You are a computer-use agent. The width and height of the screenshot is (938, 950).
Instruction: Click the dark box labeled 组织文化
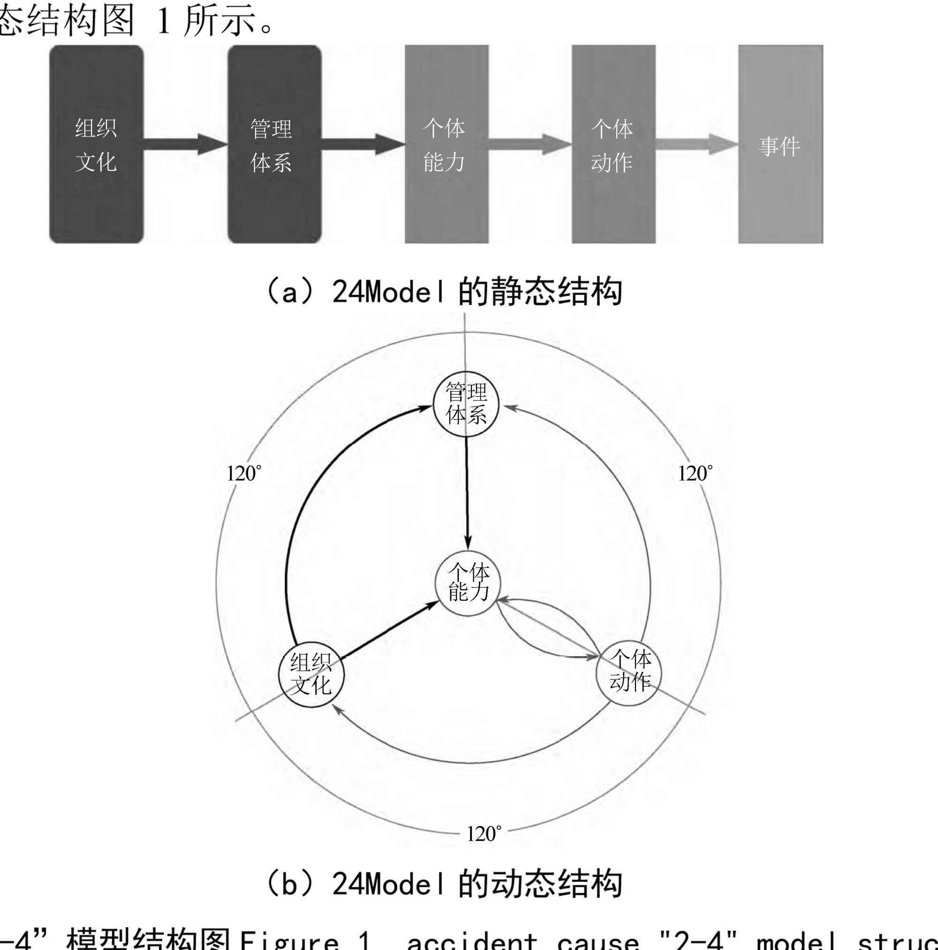coord(97,144)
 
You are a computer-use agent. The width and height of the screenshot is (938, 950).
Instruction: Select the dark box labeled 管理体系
coord(274,144)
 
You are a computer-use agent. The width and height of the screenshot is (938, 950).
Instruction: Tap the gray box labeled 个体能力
coord(446,144)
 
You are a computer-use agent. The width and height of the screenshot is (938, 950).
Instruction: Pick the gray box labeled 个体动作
coord(613,144)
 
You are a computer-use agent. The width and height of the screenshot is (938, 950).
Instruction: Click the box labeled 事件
coord(780,144)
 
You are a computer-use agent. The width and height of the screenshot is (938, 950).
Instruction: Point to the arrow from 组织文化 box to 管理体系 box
coord(185,144)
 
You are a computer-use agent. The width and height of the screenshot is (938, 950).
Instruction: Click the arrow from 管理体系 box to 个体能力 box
coord(363,144)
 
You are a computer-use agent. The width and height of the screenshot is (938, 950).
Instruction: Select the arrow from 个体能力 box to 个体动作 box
coord(530,144)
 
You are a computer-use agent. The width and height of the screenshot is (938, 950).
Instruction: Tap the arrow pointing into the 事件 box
coord(696,144)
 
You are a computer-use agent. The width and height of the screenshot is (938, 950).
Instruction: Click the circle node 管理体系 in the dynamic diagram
coord(466,404)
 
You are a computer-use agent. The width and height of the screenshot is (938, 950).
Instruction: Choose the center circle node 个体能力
coord(468,584)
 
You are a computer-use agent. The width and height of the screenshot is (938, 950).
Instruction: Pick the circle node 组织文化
coord(311,674)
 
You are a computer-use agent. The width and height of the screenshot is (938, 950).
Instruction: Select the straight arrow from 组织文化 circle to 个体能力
coord(389,630)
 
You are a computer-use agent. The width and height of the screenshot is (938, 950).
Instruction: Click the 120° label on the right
coord(695,474)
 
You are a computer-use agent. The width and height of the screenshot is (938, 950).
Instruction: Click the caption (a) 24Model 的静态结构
coord(444,292)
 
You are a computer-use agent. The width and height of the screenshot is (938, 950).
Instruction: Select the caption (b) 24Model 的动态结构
coord(444,883)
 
